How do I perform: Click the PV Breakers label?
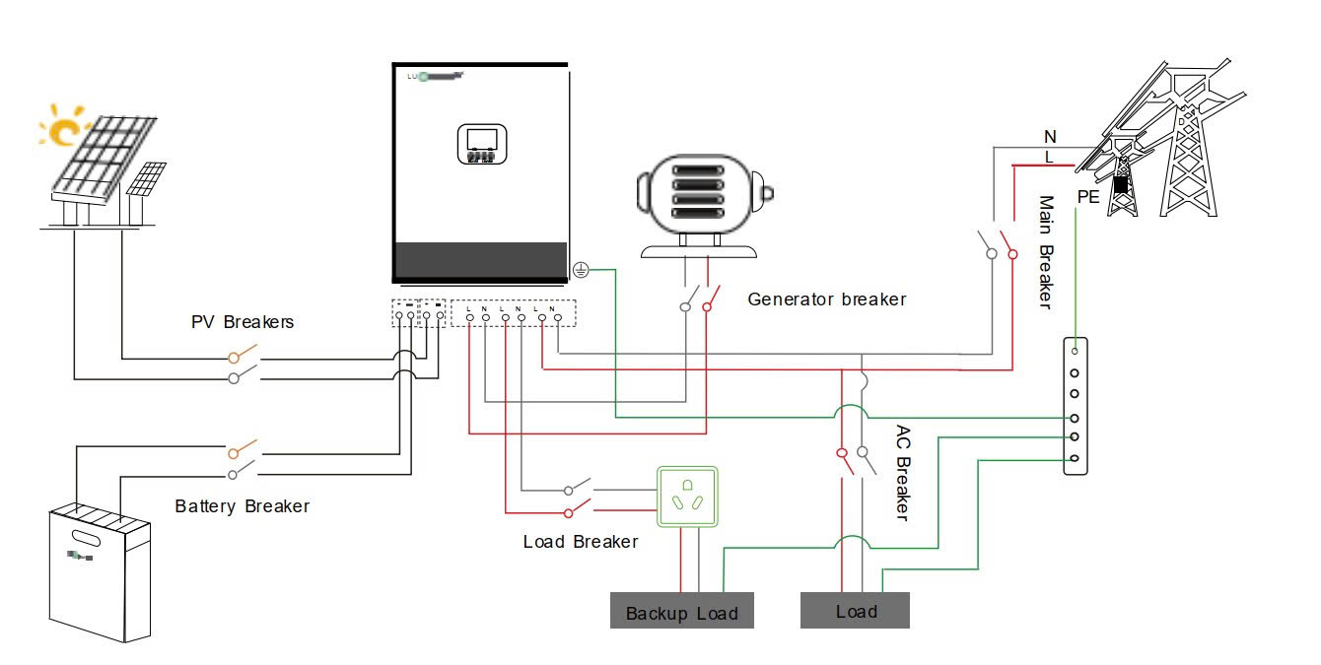pos(242,322)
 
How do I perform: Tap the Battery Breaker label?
pos(243,506)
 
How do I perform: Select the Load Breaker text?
pos(581,542)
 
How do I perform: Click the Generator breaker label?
pos(826,299)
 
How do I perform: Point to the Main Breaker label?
pos(1047,252)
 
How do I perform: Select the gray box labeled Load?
pos(855,611)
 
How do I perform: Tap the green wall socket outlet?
pos(687,496)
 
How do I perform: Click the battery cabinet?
pos(102,571)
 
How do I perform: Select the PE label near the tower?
pos(1088,197)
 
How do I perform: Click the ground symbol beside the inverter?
pos(581,268)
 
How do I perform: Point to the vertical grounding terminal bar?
pos(1075,405)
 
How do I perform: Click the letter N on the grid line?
pos(1050,136)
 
